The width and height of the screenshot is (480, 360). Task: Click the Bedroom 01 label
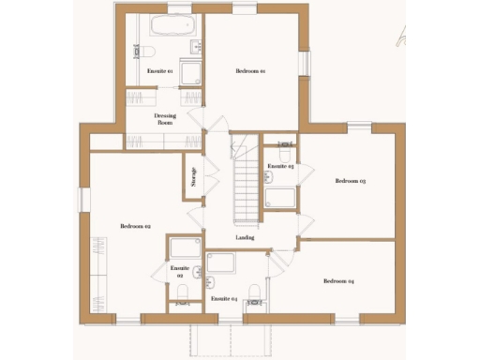pos(250,71)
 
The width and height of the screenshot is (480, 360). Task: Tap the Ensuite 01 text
pos(158,71)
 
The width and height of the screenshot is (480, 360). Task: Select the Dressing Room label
pos(165,119)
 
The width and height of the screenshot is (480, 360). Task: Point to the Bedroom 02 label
pos(136,226)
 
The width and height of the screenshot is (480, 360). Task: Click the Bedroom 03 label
pos(350,181)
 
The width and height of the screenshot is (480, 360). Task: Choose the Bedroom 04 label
pos(338,281)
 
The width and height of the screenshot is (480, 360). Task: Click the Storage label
pos(193,177)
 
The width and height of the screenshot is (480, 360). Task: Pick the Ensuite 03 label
pos(280,166)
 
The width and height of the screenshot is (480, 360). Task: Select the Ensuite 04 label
pos(224,298)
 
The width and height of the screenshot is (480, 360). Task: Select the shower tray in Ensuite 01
pos(190,75)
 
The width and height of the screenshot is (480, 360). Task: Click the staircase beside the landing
pos(247,178)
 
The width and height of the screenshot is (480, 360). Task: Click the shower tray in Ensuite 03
pos(280,197)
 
